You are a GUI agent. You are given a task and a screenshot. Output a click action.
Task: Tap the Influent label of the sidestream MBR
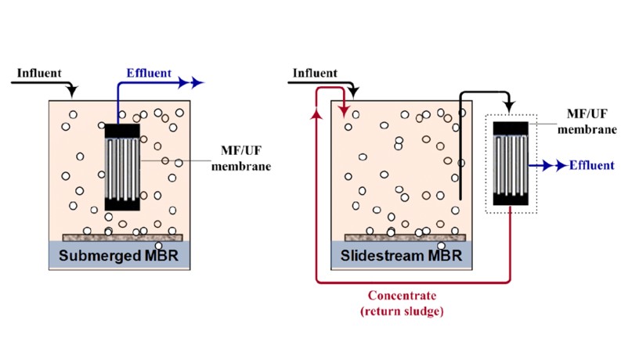(314, 74)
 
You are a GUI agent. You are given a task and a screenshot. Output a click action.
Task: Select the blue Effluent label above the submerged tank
(148, 74)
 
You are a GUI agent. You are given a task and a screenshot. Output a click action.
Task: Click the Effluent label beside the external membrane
(591, 165)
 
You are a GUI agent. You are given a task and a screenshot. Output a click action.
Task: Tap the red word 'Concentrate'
(402, 295)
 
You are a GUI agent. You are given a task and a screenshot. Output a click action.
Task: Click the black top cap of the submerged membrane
(122, 131)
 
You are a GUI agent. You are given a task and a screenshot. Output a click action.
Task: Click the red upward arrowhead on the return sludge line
(316, 115)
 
